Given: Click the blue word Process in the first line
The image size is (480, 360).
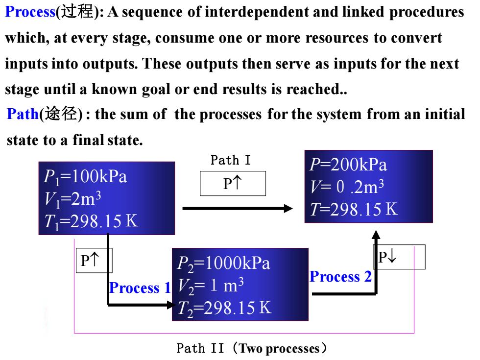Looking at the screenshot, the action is click(x=30, y=12).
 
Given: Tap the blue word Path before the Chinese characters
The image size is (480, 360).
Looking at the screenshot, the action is click(x=23, y=114).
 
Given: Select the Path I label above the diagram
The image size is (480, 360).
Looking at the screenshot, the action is click(x=231, y=160).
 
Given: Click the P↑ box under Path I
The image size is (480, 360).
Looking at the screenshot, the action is click(x=233, y=183).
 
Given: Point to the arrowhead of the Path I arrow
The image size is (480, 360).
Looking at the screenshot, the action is click(x=288, y=209).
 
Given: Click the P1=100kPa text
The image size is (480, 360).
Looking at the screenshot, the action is click(x=85, y=177).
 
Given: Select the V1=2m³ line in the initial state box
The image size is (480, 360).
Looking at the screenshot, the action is click(x=72, y=199).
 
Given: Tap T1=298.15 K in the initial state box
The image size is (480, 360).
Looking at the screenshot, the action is click(x=91, y=221).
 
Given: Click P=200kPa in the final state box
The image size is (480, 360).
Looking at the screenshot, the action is click(x=348, y=165).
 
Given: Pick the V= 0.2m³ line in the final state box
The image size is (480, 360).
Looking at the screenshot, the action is click(x=347, y=187).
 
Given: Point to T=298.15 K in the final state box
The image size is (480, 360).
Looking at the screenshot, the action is click(x=354, y=209).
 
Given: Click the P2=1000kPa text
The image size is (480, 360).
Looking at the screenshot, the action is click(x=223, y=264).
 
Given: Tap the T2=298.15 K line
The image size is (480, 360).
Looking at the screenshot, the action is click(x=224, y=308).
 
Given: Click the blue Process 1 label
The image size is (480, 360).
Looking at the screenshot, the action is click(x=140, y=288).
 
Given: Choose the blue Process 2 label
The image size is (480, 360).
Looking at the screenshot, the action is click(x=340, y=276).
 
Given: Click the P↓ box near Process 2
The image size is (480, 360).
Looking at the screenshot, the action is click(x=399, y=257).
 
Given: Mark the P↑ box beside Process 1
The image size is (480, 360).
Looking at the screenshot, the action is click(x=94, y=260).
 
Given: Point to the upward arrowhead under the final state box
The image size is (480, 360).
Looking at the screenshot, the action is click(x=376, y=235).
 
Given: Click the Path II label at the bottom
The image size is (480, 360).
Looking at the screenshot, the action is click(x=252, y=348).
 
